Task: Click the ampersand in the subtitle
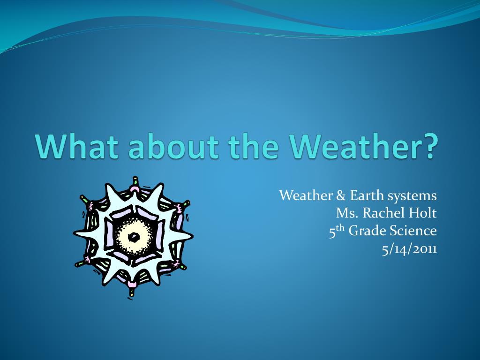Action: point(341,195)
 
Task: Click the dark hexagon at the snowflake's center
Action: point(134,237)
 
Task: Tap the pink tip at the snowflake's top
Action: point(135,189)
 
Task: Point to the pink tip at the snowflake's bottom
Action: point(132,284)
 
